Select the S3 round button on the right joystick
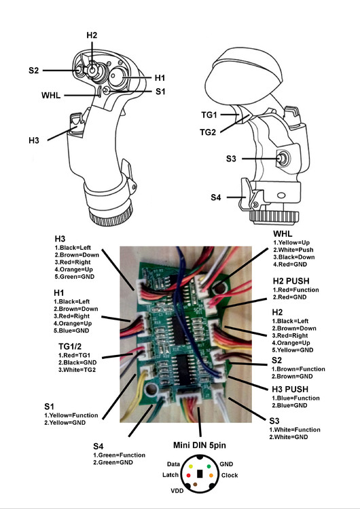pyautogui.click(x=282, y=159)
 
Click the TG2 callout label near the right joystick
pyautogui.click(x=208, y=131)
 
